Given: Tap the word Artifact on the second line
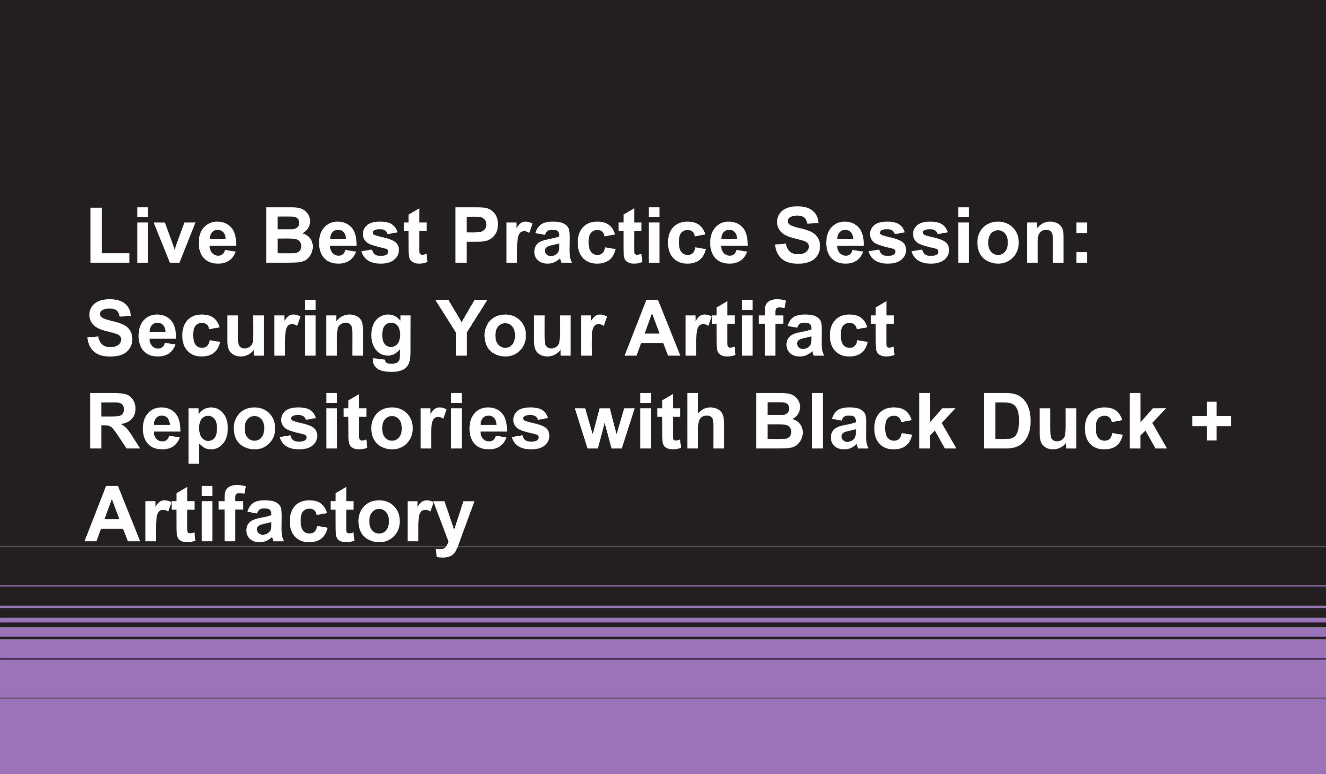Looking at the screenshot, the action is (759, 328).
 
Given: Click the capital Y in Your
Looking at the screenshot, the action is (461, 328).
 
